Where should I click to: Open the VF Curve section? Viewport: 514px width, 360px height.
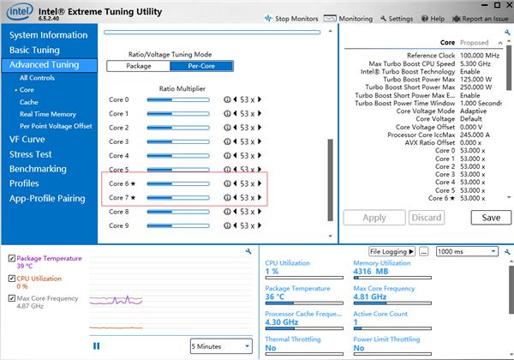(x=27, y=139)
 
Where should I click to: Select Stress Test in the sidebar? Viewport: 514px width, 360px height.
(x=31, y=154)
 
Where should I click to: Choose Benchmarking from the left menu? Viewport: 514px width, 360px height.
(x=39, y=169)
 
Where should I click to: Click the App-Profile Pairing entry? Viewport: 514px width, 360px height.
(x=47, y=199)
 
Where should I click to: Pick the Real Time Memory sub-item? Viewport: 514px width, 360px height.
(x=48, y=114)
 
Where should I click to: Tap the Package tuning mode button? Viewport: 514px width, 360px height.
(x=139, y=65)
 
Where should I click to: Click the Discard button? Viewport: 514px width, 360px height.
(x=426, y=218)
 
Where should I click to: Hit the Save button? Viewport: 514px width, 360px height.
(x=491, y=218)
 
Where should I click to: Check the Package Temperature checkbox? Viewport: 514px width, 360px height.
(x=11, y=258)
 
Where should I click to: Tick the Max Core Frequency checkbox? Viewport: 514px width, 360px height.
(x=11, y=298)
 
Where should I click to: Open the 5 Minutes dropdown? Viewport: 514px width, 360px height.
(x=221, y=346)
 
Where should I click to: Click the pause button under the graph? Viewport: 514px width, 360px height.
(x=96, y=346)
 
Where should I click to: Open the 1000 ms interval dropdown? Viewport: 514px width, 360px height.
(x=468, y=251)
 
